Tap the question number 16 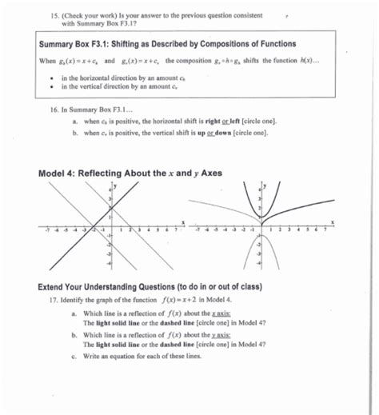click(53, 108)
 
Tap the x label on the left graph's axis click(184, 221)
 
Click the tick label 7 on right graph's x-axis click(325, 228)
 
